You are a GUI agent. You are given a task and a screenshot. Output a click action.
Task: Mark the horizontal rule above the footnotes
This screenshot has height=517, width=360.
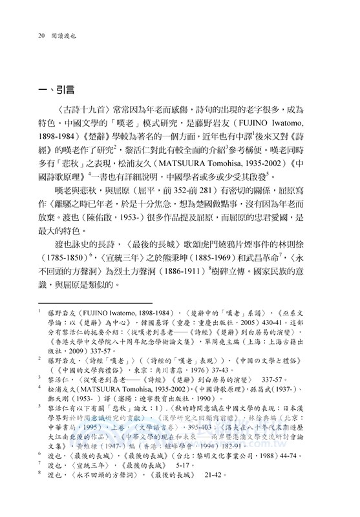[95, 320]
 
